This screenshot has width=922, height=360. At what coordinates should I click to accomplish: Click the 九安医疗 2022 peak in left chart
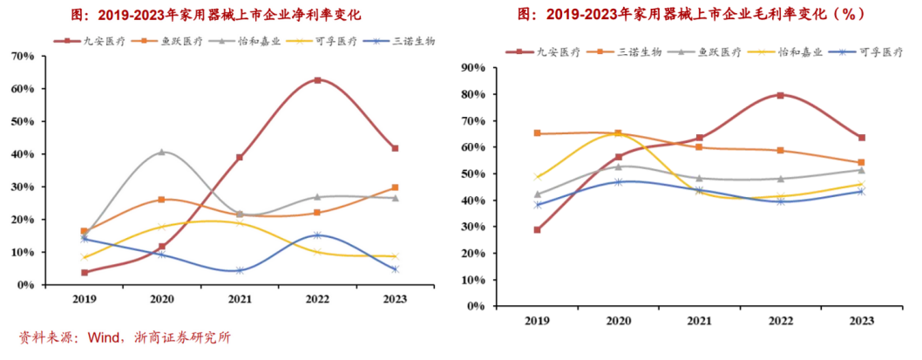[316, 80]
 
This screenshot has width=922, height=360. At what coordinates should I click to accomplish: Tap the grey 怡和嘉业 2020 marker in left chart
[162, 153]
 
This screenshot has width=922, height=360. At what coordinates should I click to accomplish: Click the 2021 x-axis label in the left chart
[239, 298]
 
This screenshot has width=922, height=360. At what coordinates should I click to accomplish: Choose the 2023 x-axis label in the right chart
[861, 321]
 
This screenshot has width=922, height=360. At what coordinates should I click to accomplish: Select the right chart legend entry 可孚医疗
[880, 52]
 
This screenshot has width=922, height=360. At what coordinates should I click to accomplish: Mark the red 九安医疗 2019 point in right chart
[538, 230]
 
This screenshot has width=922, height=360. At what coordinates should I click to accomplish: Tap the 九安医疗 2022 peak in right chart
[780, 95]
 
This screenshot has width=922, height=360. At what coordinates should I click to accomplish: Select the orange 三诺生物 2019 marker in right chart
[538, 133]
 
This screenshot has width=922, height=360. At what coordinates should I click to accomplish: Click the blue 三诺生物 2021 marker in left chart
[239, 270]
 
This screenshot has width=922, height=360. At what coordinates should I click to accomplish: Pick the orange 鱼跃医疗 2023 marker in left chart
[395, 187]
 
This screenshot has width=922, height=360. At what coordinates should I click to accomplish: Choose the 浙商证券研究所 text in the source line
[182, 338]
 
